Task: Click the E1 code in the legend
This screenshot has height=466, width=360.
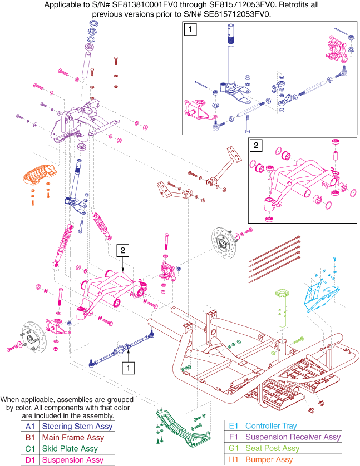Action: (x=234, y=425)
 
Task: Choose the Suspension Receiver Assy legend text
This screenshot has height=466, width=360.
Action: (x=292, y=437)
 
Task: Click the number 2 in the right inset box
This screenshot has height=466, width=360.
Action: (x=256, y=147)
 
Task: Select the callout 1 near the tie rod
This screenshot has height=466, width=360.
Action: (x=129, y=367)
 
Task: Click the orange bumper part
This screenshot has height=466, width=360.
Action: (x=40, y=174)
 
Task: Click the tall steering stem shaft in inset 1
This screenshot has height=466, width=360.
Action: (x=229, y=61)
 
